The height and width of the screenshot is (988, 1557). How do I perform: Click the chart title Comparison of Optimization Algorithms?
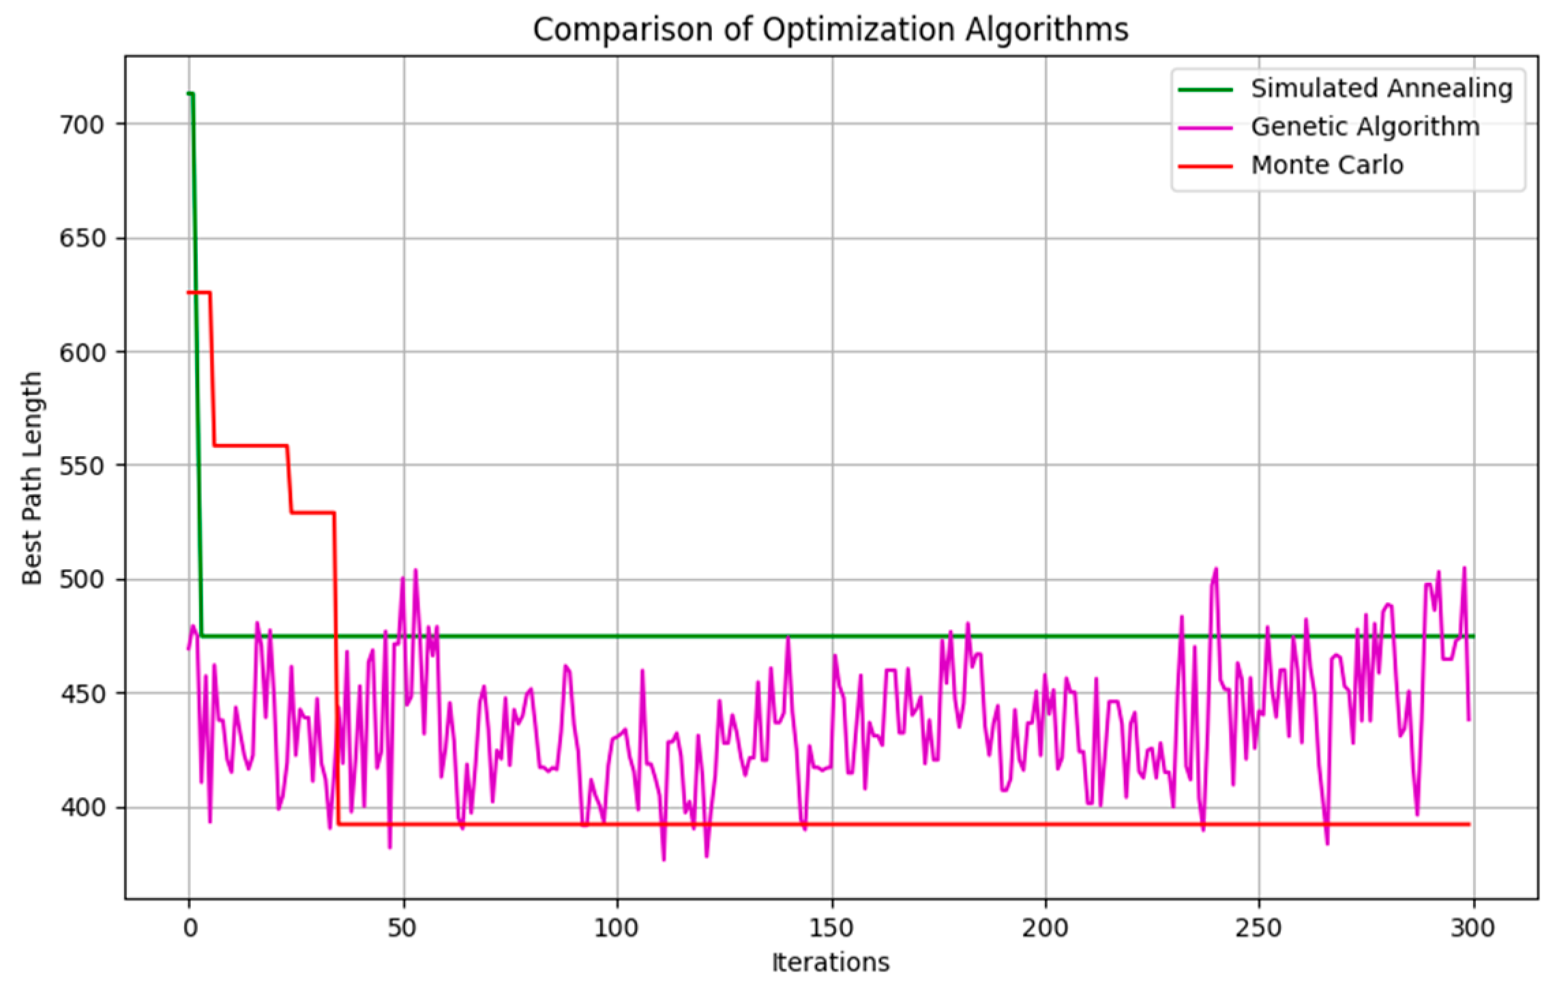tap(830, 30)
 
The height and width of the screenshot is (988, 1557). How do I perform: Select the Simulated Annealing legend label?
tap(1382, 89)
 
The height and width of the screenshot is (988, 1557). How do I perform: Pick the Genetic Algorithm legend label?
tap(1365, 127)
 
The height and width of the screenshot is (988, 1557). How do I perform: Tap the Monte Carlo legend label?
tap(1326, 165)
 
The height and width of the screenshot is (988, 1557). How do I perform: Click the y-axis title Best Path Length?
tap(32, 478)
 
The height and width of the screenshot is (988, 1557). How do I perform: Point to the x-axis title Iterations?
tap(830, 962)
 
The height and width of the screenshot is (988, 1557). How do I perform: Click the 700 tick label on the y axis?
tap(83, 124)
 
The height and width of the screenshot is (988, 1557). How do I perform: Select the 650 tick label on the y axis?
tap(83, 238)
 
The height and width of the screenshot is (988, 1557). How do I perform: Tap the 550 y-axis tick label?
tap(83, 466)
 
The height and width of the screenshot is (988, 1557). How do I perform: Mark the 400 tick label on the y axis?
tap(83, 807)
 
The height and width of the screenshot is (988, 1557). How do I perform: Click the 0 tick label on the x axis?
tap(190, 928)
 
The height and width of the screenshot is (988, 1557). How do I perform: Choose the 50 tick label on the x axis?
tap(403, 928)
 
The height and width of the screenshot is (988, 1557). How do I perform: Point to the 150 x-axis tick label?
tap(831, 928)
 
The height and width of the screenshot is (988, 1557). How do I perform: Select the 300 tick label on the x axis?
tap(1474, 928)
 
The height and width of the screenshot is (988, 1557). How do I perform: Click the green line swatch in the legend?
tap(1205, 89)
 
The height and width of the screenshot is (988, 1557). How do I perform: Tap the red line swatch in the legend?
tap(1205, 166)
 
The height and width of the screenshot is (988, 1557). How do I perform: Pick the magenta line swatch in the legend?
tap(1205, 128)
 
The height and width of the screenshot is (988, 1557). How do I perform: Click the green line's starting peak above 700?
tap(191, 93)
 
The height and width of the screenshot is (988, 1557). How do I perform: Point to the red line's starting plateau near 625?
tap(198, 293)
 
